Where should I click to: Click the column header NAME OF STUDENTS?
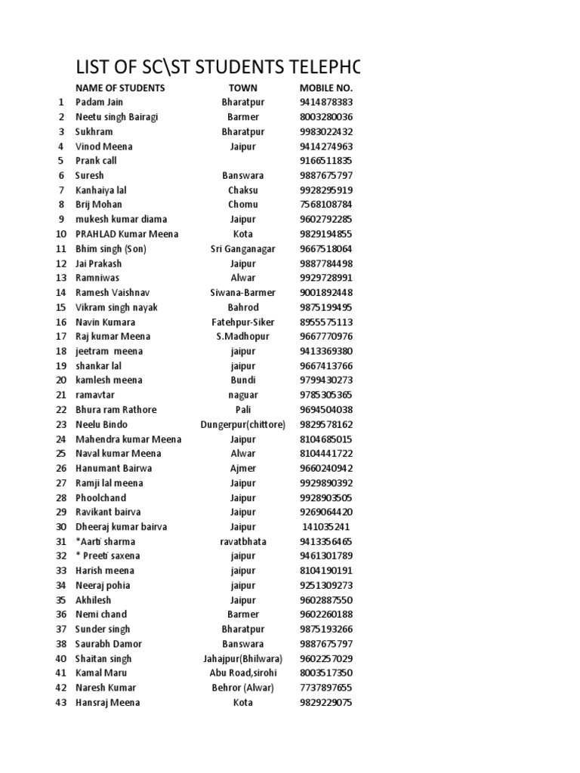click(x=119, y=88)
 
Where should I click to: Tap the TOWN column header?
click(x=242, y=88)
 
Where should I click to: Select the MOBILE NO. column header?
click(x=326, y=88)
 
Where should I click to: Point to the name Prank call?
click(x=96, y=161)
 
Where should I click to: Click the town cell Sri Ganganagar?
click(x=242, y=248)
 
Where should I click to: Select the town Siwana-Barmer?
click(x=242, y=293)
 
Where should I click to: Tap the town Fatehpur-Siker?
click(x=242, y=322)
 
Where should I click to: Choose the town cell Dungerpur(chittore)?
click(x=242, y=424)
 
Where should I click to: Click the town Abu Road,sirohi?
click(x=242, y=673)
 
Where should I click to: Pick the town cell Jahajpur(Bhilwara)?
click(x=242, y=658)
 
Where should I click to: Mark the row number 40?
click(x=61, y=658)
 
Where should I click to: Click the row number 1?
click(x=61, y=102)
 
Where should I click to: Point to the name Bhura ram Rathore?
click(x=116, y=410)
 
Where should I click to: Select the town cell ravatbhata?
click(x=242, y=541)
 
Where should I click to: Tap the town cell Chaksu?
click(x=242, y=190)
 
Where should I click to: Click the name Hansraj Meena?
click(x=107, y=702)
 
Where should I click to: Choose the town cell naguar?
click(x=242, y=395)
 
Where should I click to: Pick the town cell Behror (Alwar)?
click(x=242, y=688)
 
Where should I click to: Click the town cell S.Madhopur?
click(x=242, y=337)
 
